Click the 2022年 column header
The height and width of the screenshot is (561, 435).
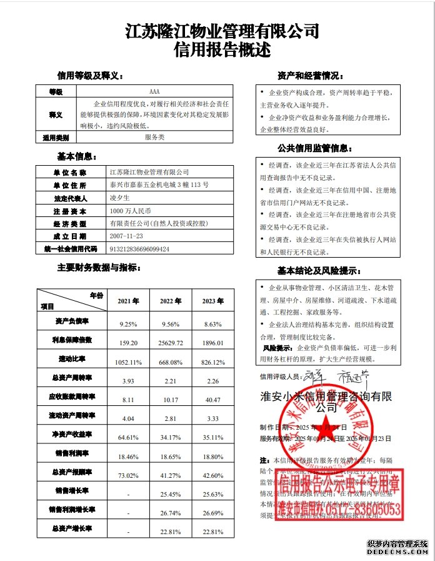(171, 301)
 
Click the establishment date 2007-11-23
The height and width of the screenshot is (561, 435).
(126, 236)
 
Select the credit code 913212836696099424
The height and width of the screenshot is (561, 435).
(139, 248)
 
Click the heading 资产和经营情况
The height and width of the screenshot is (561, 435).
(309, 76)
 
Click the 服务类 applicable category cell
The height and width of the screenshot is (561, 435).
(155, 136)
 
